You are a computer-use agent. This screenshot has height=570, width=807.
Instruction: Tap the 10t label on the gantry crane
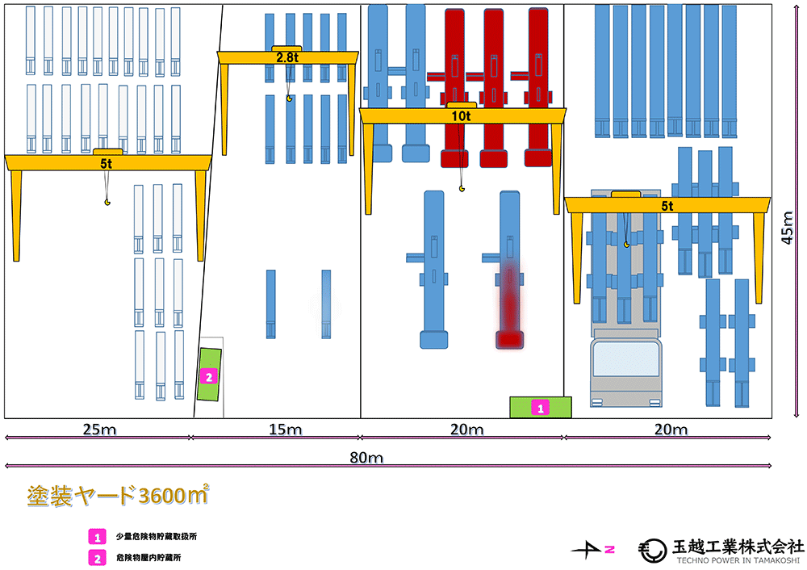tap(461, 115)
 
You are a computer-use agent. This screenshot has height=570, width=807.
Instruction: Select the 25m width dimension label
tap(97, 428)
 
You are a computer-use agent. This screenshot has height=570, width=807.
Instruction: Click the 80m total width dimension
tap(366, 458)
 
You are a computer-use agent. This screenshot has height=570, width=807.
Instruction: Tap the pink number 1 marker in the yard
tap(541, 408)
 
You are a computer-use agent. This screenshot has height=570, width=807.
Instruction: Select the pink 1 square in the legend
tap(96, 535)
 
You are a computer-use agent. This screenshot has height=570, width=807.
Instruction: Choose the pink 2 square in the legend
tap(96, 556)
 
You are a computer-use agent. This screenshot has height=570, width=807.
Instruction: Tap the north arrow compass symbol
tap(593, 550)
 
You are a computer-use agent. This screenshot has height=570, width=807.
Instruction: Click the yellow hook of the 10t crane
tap(462, 189)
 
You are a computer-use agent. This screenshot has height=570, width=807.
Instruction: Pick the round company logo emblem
tap(650, 551)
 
